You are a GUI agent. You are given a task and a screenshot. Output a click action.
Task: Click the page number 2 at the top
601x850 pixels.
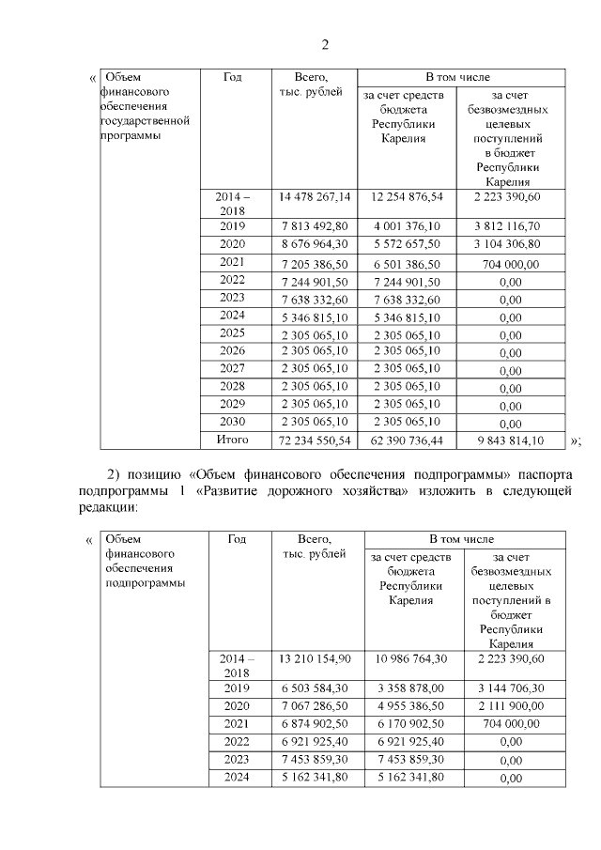326,45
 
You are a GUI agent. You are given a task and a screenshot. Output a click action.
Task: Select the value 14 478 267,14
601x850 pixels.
315,197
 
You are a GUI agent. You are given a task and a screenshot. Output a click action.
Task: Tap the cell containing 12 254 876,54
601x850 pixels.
407,197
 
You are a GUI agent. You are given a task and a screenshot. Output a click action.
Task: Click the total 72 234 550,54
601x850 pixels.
315,440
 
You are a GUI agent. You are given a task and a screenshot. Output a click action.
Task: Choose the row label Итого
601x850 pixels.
232,440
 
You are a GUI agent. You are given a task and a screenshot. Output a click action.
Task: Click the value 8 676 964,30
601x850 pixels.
315,244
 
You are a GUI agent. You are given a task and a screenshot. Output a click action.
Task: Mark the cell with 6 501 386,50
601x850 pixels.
407,262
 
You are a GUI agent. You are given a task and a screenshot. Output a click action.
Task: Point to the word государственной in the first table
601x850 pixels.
146,121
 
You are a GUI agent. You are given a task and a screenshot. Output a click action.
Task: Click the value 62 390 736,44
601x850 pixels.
407,440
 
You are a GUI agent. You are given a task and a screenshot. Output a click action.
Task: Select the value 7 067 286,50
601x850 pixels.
315,706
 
